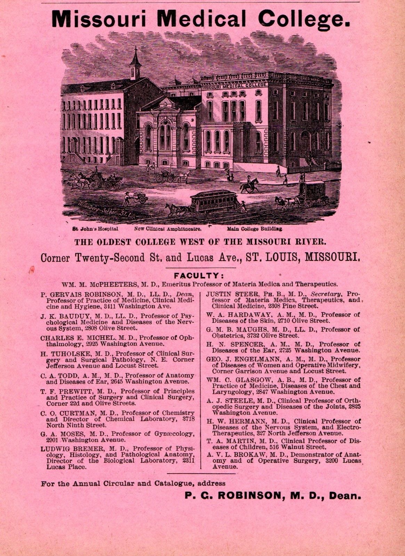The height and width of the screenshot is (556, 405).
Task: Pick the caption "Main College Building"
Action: click(255, 229)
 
